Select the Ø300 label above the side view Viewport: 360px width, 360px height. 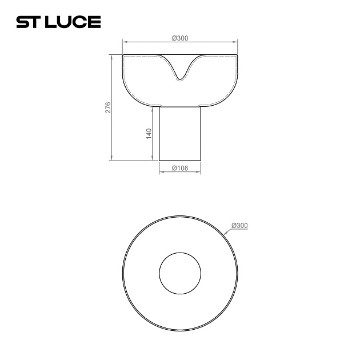click(180, 38)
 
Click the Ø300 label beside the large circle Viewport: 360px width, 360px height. click(240, 225)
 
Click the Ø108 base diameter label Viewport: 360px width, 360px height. click(180, 169)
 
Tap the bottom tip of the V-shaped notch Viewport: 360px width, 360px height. click(180, 79)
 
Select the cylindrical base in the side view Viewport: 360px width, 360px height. click(180, 134)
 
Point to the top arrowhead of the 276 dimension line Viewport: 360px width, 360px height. click(111, 57)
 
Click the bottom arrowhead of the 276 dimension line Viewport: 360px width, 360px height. click(111, 159)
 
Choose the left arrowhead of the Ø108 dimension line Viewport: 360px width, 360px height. click(161, 172)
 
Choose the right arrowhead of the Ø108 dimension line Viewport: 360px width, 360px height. click(199, 172)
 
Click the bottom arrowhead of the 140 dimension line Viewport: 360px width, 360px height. click(153, 159)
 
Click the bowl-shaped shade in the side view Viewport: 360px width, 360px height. click(143, 80)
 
